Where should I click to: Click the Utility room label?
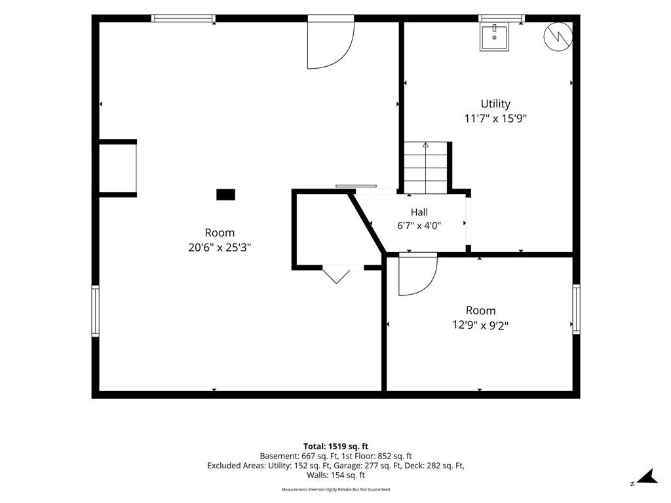pyautogui.click(x=495, y=104)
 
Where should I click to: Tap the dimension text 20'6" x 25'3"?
pyautogui.click(x=220, y=247)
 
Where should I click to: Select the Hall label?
pyautogui.click(x=419, y=212)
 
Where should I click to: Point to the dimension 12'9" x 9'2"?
pyautogui.click(x=480, y=326)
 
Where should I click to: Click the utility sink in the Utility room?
pyautogui.click(x=494, y=37)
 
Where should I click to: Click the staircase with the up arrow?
pyautogui.click(x=426, y=168)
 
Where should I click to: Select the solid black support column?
pyautogui.click(x=225, y=195)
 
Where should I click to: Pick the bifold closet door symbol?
pyautogui.click(x=336, y=274)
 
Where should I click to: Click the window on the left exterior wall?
pyautogui.click(x=96, y=311)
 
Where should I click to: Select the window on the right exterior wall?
pyautogui.click(x=577, y=309)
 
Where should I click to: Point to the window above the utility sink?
pyautogui.click(x=501, y=18)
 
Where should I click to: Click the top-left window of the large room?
pyautogui.click(x=183, y=18)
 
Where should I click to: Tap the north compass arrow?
pyautogui.click(x=647, y=477)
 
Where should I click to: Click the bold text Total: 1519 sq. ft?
pyautogui.click(x=336, y=447)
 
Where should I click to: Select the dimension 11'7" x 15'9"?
pyautogui.click(x=495, y=119)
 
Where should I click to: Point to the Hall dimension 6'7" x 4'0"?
pyautogui.click(x=419, y=225)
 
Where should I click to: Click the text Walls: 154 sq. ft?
pyautogui.click(x=336, y=475)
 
